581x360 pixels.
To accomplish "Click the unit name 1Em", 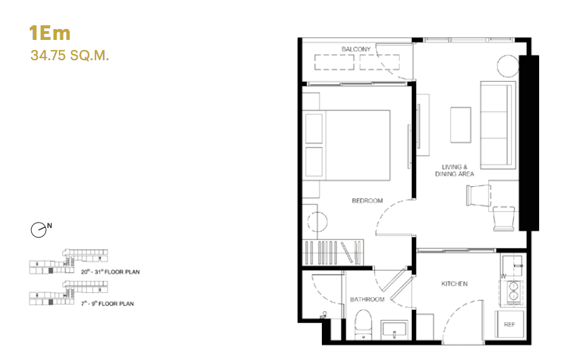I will click(x=49, y=32).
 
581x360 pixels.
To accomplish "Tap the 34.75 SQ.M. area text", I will click(x=70, y=55).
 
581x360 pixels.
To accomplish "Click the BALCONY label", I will click(x=356, y=49).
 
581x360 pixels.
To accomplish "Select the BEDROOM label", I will click(x=367, y=201).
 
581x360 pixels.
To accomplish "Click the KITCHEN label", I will click(x=455, y=284).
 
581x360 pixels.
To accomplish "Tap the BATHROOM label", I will click(x=367, y=299).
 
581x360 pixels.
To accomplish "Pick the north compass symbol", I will click(x=39, y=230).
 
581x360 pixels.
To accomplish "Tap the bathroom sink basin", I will click(x=393, y=330).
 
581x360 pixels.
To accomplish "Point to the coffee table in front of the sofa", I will click(x=461, y=125).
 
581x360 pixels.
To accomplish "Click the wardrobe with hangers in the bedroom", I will click(x=335, y=253).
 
